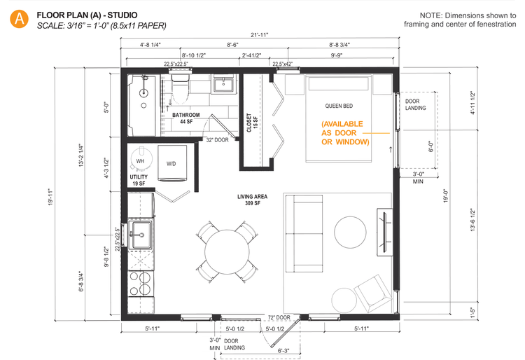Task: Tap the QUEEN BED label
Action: tap(338, 106)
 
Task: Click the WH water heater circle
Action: tap(141, 160)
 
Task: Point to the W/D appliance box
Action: tap(171, 162)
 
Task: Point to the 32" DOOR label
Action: tap(217, 139)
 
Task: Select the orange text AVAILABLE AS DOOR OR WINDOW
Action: tap(344, 132)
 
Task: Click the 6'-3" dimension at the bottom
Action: tap(286, 350)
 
